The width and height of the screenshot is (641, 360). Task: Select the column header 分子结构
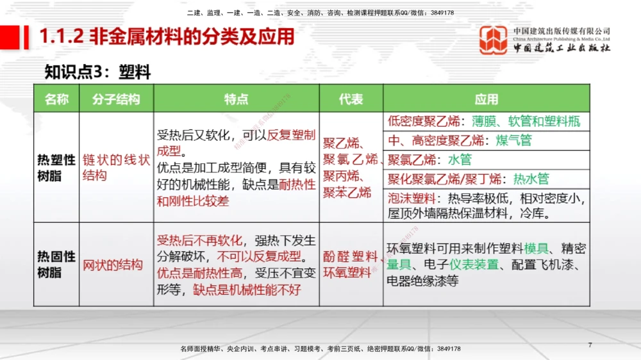click(116, 99)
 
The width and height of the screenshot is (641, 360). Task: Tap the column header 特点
click(237, 99)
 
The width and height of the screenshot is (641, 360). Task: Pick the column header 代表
click(351, 99)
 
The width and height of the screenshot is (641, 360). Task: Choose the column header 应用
click(487, 99)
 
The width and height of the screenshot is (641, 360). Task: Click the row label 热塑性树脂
click(56, 167)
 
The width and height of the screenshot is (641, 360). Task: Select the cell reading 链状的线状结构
click(116, 167)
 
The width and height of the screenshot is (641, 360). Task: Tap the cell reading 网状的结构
click(113, 264)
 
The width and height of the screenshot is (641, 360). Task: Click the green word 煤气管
click(513, 140)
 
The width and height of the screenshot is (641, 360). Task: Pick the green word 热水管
click(531, 179)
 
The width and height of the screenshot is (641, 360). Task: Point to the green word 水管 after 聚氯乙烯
click(459, 160)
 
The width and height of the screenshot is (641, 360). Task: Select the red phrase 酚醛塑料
click(350, 256)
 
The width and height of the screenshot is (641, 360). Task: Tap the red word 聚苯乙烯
click(347, 192)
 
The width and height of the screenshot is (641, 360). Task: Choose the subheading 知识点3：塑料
click(97, 72)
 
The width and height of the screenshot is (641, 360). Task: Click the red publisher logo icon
click(493, 40)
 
